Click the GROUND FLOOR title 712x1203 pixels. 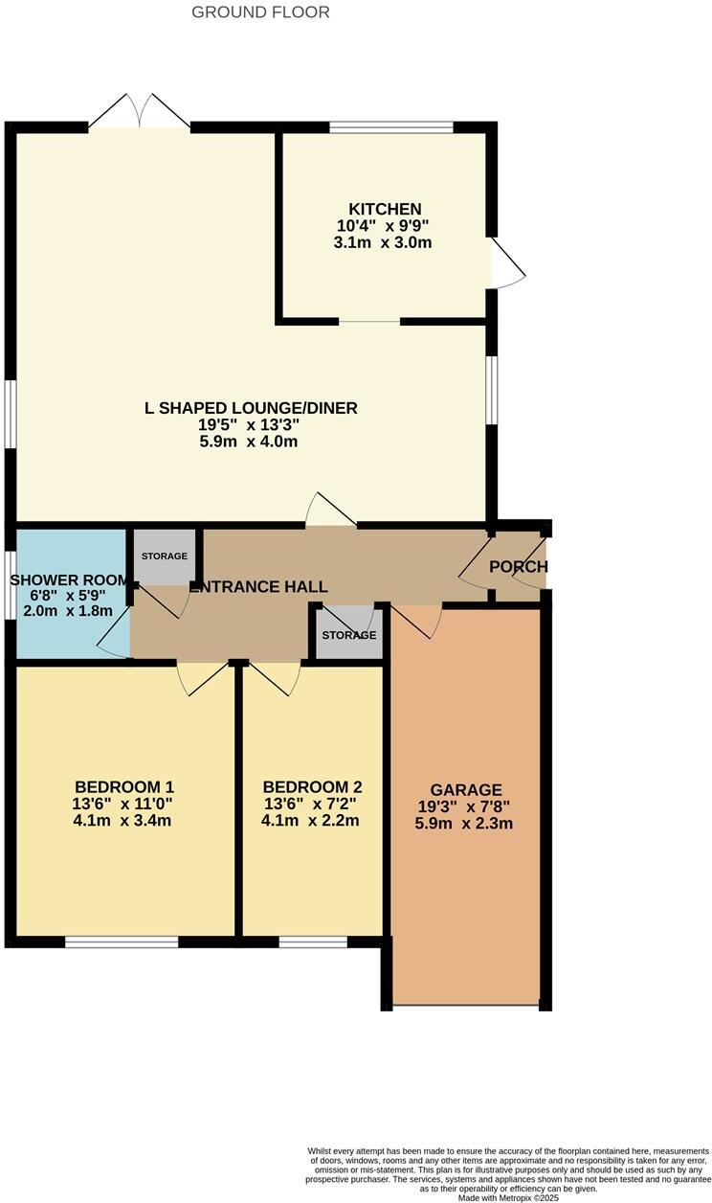point(260,12)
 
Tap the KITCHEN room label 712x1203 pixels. point(385,209)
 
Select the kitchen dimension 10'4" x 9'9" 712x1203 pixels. point(383,226)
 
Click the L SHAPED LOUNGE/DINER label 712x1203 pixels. point(251,408)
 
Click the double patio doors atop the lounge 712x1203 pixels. point(140,112)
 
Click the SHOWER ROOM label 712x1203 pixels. point(69,580)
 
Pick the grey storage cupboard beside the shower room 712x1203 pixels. point(165,556)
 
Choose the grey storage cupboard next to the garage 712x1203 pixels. point(349,635)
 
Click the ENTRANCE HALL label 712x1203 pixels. point(259,587)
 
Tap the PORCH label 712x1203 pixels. point(518,567)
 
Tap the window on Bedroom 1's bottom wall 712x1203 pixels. point(122,942)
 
